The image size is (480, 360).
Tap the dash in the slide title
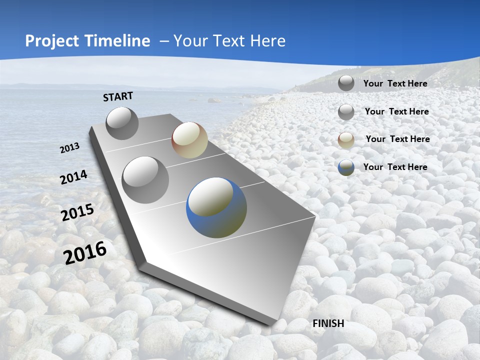[164, 41]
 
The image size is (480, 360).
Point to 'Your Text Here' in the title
[229, 41]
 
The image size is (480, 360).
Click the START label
[118, 96]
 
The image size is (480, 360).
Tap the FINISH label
[328, 323]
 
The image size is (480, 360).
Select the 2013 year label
[70, 148]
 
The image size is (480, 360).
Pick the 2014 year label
[73, 177]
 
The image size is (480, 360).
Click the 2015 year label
[77, 212]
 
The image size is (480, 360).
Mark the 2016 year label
[85, 252]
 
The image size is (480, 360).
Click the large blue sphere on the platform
[216, 207]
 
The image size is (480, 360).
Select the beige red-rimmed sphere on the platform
[189, 140]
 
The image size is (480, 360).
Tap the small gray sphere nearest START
[122, 123]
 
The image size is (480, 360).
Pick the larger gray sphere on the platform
[145, 180]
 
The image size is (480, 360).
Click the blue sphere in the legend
[346, 167]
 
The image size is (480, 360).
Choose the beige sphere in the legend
[346, 140]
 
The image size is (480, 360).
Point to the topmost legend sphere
[346, 83]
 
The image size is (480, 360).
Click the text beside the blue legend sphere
[395, 167]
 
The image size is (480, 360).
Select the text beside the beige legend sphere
[397, 139]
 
